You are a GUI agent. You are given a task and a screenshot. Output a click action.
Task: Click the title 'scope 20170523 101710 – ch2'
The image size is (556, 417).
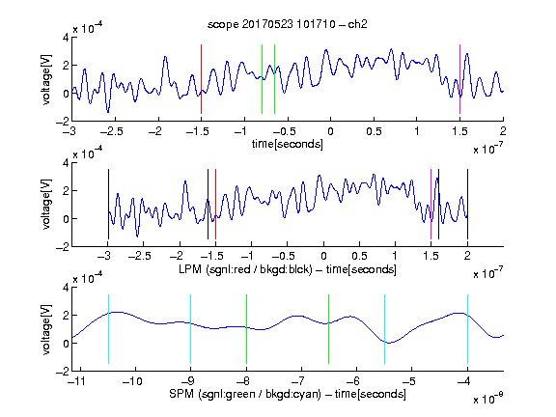288,24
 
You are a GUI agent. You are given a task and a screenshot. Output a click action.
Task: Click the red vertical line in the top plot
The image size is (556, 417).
201,79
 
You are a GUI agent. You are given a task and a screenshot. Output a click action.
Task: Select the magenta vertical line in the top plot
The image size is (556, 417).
459,79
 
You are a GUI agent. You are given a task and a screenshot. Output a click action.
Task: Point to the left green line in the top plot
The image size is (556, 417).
262,79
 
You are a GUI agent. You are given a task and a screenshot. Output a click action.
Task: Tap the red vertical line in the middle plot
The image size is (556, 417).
215,205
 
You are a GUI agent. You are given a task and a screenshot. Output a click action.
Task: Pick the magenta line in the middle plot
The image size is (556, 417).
431,205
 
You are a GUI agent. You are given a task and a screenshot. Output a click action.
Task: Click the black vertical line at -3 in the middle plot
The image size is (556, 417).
108,205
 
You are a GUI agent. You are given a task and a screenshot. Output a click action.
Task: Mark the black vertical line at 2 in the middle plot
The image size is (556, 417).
467,205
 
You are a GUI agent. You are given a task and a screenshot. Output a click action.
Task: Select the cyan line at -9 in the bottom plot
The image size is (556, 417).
191,329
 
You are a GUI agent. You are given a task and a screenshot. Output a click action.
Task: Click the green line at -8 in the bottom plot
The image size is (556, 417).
246,329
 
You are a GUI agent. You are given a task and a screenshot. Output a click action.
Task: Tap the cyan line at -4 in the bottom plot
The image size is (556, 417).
467,329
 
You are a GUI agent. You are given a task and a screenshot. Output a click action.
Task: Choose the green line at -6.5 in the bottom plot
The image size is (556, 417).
329,329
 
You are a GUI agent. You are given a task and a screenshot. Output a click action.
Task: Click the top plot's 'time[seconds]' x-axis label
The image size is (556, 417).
288,144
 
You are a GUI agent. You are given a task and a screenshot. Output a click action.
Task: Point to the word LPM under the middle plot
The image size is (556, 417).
190,269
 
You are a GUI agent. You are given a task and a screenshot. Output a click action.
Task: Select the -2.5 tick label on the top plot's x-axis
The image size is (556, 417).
111,131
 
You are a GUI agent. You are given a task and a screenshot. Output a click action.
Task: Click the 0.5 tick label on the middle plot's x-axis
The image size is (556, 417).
359,256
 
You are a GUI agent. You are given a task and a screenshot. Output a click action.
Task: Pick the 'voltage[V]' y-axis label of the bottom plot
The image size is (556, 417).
46,329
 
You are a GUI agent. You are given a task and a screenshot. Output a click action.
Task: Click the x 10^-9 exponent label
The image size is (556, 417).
488,398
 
